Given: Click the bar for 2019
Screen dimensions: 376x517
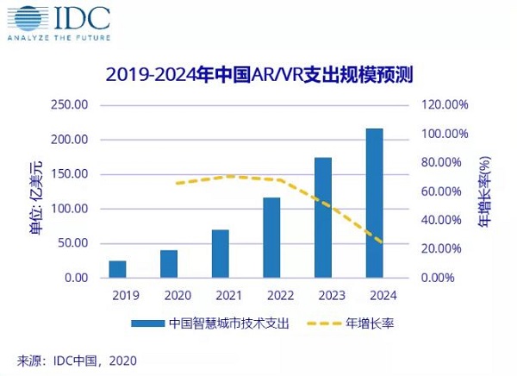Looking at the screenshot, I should (x=117, y=269).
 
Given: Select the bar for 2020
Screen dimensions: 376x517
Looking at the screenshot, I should (x=169, y=264).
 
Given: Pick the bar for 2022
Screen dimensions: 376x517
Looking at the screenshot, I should (x=271, y=237).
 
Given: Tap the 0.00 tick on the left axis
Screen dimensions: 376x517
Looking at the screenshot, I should (x=76, y=278).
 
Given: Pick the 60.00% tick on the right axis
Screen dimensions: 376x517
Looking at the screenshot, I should (x=447, y=191).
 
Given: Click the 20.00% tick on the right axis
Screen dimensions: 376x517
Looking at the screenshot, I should (x=447, y=249).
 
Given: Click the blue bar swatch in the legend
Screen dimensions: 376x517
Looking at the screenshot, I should (x=147, y=324).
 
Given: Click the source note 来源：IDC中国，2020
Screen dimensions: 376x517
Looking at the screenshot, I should (x=77, y=360).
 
